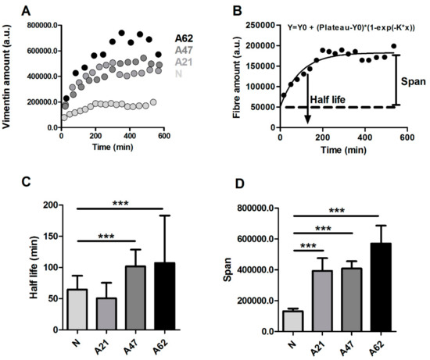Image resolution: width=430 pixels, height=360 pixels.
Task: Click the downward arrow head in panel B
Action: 307,119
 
